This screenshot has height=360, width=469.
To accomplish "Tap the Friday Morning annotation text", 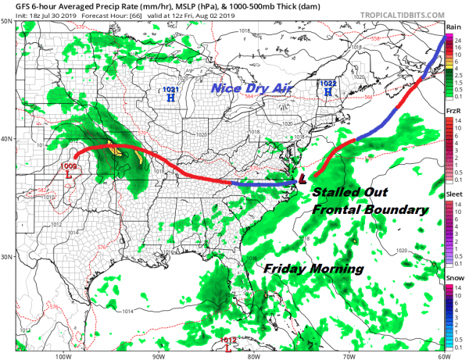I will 314,268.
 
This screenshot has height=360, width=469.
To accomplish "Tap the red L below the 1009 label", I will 69,175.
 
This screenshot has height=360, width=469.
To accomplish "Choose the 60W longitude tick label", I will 442,355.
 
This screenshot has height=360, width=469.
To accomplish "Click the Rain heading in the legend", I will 454,27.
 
